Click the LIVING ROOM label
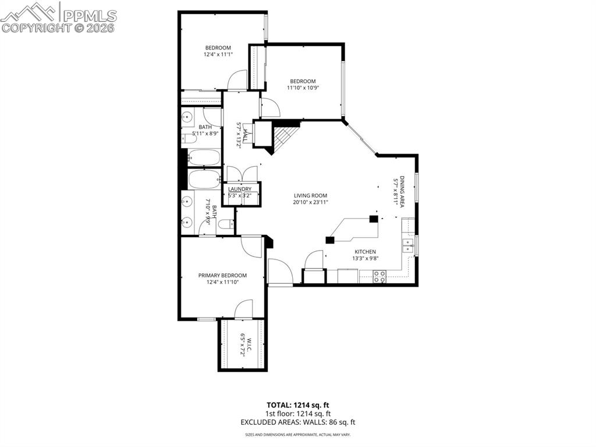(310, 196)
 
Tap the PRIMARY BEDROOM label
(222, 276)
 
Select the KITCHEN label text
(366, 252)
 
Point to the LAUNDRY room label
(240, 189)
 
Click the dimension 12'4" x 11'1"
(218, 55)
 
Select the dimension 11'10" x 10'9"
(303, 88)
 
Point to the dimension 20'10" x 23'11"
(310, 203)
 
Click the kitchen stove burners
(379, 276)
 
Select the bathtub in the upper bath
(204, 158)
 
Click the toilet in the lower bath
(226, 227)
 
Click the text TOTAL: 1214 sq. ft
(297, 404)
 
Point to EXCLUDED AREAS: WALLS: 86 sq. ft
(297, 422)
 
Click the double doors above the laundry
(240, 174)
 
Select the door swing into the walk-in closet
(244, 309)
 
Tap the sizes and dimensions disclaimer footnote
(297, 435)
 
